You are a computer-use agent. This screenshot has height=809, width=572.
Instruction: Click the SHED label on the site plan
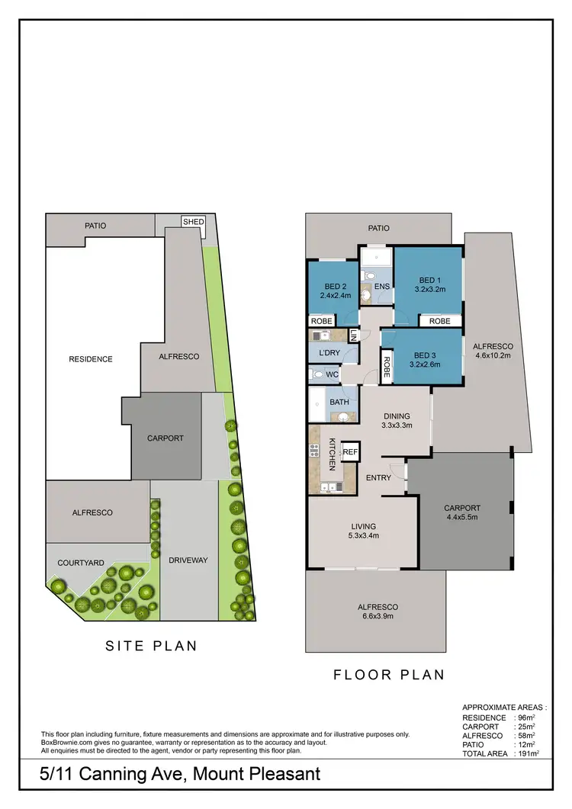coord(193,222)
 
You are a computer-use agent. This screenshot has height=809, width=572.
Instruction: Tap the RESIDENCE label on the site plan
coord(91,359)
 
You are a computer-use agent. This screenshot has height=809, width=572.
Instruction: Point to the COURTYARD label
coord(81,563)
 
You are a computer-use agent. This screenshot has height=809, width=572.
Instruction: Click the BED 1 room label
coord(429,284)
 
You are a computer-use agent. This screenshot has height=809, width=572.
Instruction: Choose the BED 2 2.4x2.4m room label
coord(335,291)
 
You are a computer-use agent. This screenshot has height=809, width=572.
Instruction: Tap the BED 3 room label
coord(426,359)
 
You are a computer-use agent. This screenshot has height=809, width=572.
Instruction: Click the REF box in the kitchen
coord(350,452)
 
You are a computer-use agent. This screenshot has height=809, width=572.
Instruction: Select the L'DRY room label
coord(329,353)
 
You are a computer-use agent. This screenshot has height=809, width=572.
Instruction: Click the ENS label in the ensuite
coord(382,287)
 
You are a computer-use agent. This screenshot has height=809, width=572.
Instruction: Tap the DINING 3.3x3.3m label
coord(397,421)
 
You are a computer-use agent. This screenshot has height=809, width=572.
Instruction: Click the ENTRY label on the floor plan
coord(378,478)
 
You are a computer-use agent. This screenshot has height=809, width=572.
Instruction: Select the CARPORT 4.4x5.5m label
coord(462,512)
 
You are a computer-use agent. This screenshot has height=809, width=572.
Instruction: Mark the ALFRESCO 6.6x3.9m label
coord(378,612)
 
